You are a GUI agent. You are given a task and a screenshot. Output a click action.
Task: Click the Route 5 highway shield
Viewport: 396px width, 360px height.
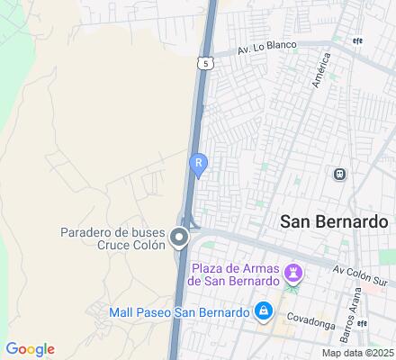tap(208, 63)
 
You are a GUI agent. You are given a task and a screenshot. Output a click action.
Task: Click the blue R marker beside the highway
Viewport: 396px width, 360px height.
tap(198, 164)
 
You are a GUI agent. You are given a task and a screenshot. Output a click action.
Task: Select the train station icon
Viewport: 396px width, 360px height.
tap(340, 175)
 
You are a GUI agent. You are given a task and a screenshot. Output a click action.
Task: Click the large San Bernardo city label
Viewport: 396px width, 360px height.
tap(334, 221)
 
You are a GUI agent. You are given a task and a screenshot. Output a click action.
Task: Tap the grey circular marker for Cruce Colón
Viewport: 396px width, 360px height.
tap(179, 238)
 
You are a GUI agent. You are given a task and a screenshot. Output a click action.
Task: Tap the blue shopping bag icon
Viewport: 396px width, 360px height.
tap(263, 311)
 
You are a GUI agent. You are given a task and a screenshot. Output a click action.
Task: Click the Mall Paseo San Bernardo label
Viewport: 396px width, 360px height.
tap(178, 312)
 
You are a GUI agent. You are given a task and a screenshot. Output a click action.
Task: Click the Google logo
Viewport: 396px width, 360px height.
tap(30, 348)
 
